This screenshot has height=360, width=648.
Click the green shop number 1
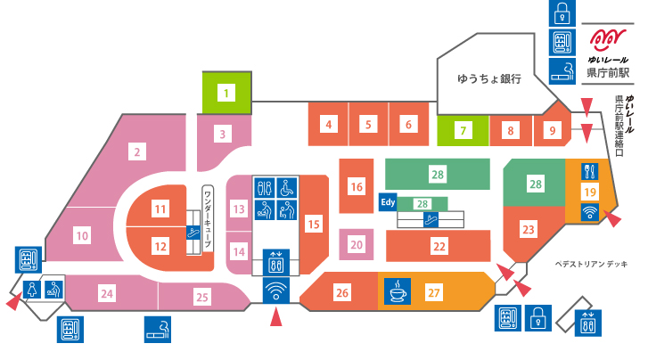tap(226, 93)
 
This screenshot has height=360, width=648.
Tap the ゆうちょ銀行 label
tap(488, 78)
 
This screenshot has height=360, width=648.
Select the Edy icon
tap(388, 202)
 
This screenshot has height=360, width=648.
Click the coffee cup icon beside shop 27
tap(398, 291)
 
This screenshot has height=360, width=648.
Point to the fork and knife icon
tap(590, 171)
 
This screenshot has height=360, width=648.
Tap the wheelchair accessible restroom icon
tap(286, 188)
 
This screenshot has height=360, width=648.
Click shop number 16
tap(357, 187)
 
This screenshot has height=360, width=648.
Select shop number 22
tap(439, 247)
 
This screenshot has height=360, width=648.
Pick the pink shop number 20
tap(357, 245)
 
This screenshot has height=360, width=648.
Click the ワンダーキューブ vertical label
tap(208, 218)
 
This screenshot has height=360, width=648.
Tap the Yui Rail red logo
tap(608, 40)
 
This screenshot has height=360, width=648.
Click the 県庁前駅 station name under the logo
tap(608, 73)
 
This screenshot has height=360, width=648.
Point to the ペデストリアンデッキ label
tap(591, 264)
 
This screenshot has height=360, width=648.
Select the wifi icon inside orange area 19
tap(590, 212)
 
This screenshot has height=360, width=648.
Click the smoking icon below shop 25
tap(158, 330)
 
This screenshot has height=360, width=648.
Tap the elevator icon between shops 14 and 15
tap(276, 262)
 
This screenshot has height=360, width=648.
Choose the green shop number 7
tap(463, 131)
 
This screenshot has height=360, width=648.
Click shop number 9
tap(552, 131)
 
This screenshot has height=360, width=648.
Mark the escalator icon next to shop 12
tap(193, 232)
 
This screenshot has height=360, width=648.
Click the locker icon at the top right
tap(562, 13)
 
